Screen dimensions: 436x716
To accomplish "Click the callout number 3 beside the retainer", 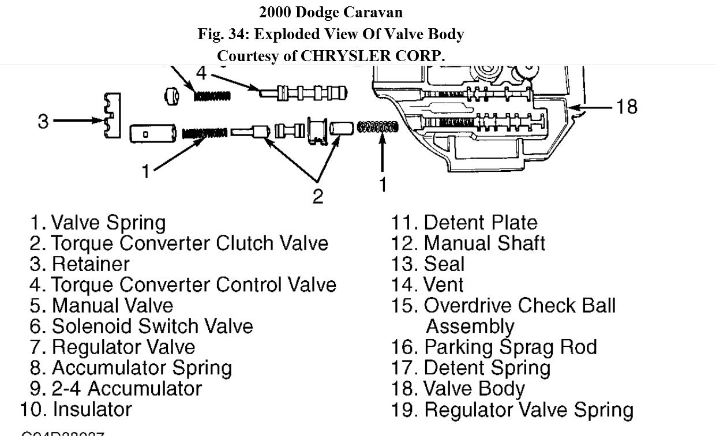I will pyautogui.click(x=44, y=122).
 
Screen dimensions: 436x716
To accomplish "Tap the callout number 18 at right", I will pyautogui.click(x=627, y=107).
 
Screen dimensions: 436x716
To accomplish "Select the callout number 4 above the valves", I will pyautogui.click(x=201, y=73).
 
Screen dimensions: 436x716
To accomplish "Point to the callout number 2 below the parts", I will pyautogui.click(x=317, y=196).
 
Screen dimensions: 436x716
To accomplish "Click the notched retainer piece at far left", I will pyautogui.click(x=112, y=116).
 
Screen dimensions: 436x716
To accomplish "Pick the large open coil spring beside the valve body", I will pyautogui.click(x=377, y=126).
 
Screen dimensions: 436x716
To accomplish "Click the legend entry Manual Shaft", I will pyautogui.click(x=484, y=243).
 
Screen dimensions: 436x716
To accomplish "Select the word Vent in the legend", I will pyautogui.click(x=443, y=285).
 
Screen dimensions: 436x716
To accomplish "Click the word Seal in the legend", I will pyautogui.click(x=444, y=264).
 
